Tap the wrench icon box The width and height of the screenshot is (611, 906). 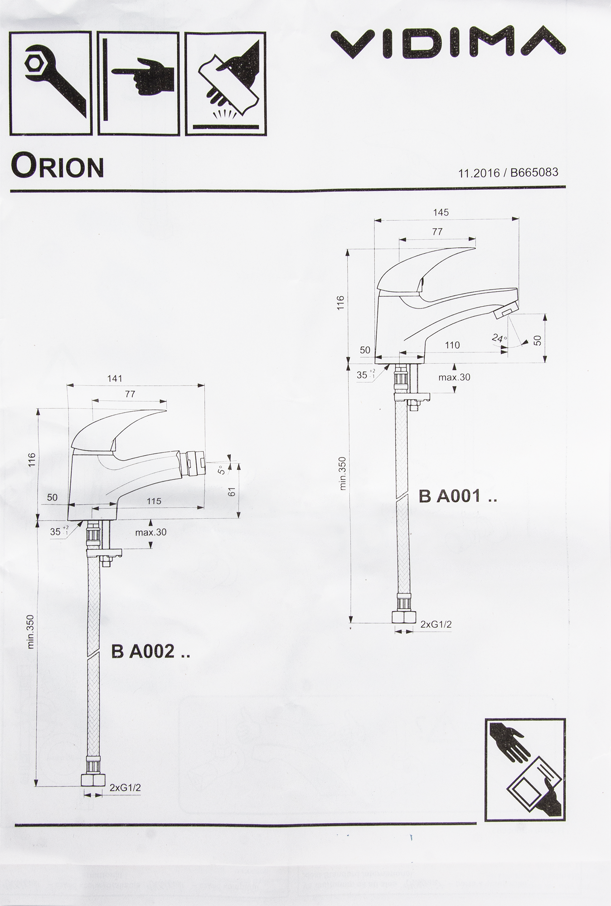click(x=51, y=83)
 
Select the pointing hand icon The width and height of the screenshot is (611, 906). click(x=139, y=83)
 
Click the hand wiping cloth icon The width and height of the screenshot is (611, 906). click(x=226, y=83)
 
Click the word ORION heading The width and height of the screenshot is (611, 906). click(x=57, y=166)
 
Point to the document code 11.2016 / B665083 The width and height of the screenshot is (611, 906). click(x=508, y=173)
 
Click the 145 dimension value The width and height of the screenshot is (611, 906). click(x=441, y=212)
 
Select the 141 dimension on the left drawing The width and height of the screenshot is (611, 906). click(x=115, y=379)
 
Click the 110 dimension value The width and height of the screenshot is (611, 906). click(x=452, y=345)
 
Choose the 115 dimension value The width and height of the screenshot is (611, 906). click(x=154, y=501)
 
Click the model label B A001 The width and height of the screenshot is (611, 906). click(x=458, y=496)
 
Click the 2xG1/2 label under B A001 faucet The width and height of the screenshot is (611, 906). click(x=436, y=625)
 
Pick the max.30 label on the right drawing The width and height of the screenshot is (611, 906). click(x=454, y=377)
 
